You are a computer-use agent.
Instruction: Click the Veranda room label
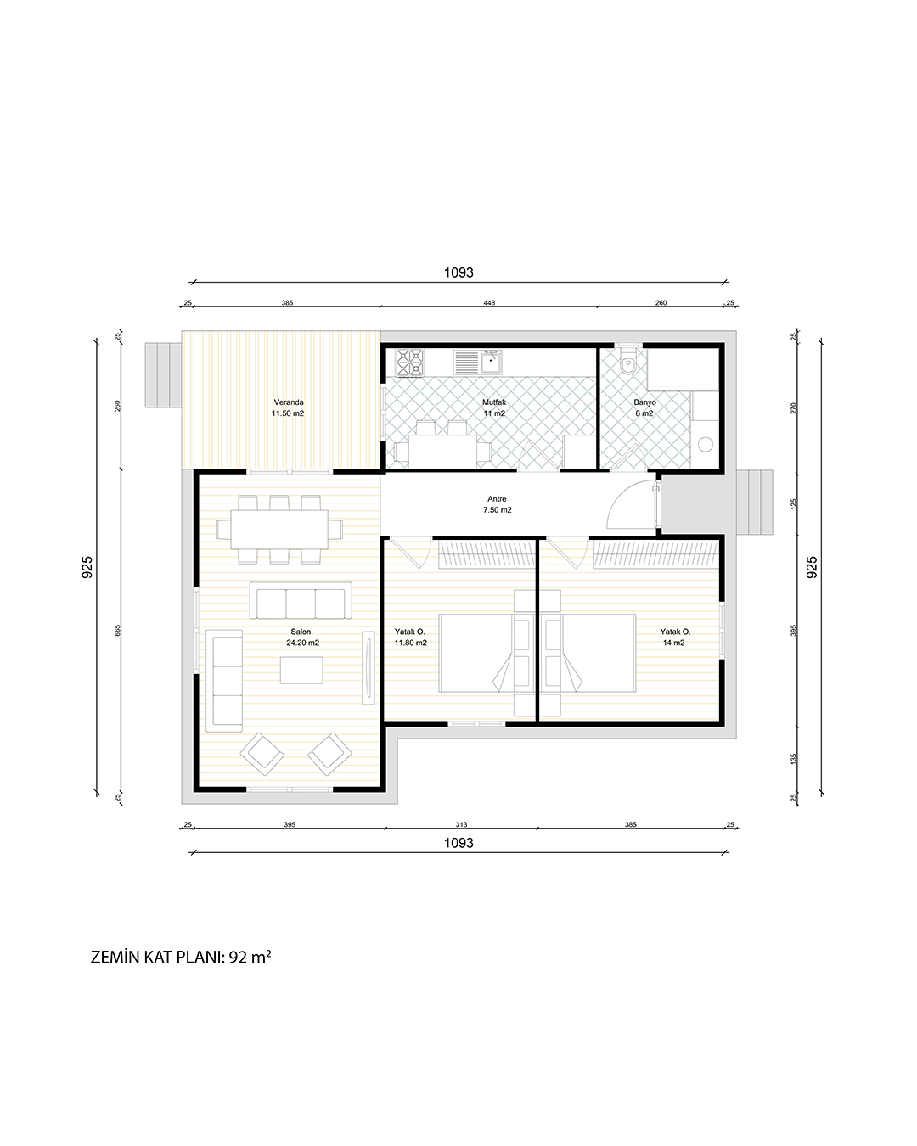[x=289, y=402]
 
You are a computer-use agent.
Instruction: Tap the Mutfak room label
[x=494, y=402]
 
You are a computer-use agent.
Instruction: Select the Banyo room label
[x=644, y=402]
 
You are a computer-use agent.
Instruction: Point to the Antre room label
[x=497, y=499]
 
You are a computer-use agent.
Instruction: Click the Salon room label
[x=301, y=632]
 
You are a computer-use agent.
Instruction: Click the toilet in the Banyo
[x=628, y=362]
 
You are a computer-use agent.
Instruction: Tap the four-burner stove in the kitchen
[x=409, y=362]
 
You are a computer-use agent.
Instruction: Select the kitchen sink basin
[x=490, y=362]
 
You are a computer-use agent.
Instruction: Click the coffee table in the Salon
[x=301, y=670]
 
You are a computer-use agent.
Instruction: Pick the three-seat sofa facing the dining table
[x=301, y=600]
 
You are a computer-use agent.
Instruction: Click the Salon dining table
[x=279, y=530]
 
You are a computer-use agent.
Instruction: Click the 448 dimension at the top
[x=489, y=302]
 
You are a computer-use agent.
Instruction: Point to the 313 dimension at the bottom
[x=461, y=824]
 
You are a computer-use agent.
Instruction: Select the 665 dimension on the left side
[x=118, y=631]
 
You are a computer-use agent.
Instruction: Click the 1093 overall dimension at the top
[x=458, y=272]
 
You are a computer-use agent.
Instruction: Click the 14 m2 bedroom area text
[x=673, y=643]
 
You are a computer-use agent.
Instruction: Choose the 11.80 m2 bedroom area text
[x=410, y=643]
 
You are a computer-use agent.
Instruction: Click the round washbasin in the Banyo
[x=706, y=444]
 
